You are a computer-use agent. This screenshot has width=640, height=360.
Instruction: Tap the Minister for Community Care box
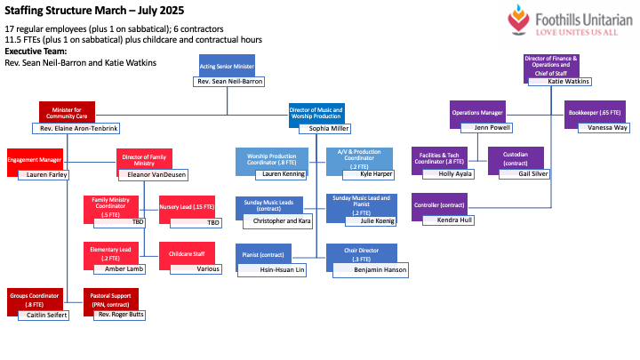67,112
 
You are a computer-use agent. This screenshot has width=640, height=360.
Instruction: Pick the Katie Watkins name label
569,82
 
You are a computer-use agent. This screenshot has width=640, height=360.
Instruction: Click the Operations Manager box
478,113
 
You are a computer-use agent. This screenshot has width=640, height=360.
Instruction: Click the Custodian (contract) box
515,157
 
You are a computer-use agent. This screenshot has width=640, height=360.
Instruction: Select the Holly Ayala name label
454,174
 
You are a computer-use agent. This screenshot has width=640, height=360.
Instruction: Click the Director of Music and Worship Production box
316,113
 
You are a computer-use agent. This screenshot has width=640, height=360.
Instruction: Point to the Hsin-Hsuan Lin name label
276,268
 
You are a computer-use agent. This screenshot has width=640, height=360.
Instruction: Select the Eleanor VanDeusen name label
161,174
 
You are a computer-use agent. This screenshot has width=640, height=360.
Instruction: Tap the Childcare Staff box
186,253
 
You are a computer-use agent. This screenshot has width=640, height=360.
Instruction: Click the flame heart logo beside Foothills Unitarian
519,19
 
